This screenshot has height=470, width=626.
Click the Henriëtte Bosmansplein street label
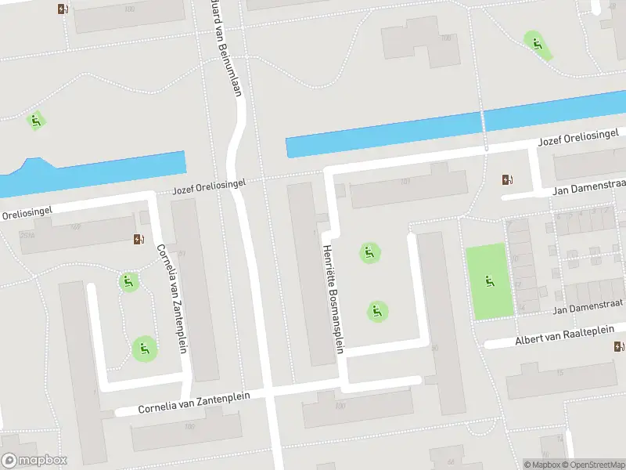pyautogui.click(x=333, y=298)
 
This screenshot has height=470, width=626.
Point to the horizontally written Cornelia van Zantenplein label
pyautogui.click(x=194, y=403)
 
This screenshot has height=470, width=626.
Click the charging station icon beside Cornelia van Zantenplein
pyautogui.click(x=139, y=239)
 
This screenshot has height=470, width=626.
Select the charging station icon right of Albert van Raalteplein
pyautogui.click(x=619, y=347)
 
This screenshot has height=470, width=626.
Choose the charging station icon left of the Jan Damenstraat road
pyautogui.click(x=508, y=180)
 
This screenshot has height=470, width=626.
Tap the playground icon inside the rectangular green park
pyautogui.click(x=491, y=281)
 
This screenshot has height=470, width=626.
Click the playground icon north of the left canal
pyautogui.click(x=35, y=121)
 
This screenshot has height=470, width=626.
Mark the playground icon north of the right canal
pyautogui.click(x=537, y=42)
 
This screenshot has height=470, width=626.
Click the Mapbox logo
pyautogui.click(x=34, y=461)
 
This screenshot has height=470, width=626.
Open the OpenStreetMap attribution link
pyautogui.click(x=594, y=465)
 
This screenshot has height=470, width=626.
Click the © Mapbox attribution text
pyautogui.click(x=544, y=465)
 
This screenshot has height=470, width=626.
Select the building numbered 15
pyautogui.click(x=559, y=373)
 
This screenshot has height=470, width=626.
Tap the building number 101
pyautogui.click(x=405, y=182)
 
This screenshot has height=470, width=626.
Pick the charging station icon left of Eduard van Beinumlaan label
pyautogui.click(x=63, y=9)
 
